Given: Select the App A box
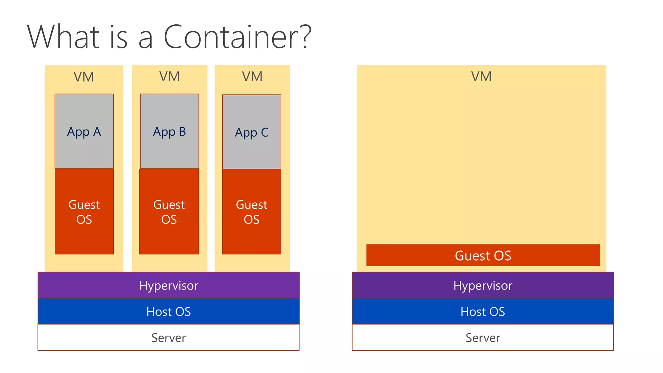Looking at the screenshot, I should [84, 131].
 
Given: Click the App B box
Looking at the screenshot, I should [169, 131].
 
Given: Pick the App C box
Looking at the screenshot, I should [252, 132].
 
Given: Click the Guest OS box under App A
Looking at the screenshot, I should [84, 212].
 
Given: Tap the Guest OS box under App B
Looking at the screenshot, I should [169, 212].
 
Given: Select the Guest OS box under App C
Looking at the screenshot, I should [252, 212].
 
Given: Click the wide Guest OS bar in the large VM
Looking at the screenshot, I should [483, 255].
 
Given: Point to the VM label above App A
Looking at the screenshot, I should [84, 77].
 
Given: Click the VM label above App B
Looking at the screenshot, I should [169, 77].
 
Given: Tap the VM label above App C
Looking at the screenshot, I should [252, 77].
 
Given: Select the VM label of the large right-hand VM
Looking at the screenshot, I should [481, 77].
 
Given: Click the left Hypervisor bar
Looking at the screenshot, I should [168, 285].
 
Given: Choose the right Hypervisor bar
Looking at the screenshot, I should [483, 285].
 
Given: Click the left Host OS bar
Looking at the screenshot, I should [168, 311].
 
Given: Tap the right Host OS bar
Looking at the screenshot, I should [483, 311].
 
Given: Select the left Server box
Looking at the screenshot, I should [168, 338].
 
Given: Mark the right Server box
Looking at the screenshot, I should [483, 338].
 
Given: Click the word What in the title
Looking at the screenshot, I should [63, 37].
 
